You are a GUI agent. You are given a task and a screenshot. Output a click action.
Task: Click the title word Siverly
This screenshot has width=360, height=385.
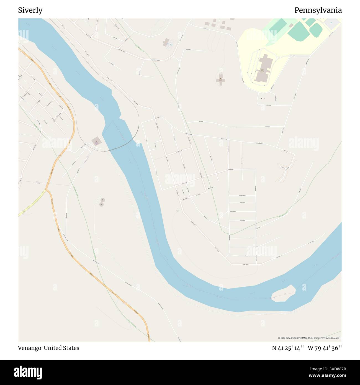(30, 10)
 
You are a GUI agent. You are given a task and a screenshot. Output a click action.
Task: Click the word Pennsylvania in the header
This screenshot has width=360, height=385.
(318, 10)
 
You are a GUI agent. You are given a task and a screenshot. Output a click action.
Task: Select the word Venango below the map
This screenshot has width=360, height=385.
(29, 348)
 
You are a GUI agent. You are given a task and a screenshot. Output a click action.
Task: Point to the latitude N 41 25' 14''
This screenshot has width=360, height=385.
(288, 348)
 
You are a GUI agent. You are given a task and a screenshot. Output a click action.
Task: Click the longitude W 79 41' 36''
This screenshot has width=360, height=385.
(325, 348)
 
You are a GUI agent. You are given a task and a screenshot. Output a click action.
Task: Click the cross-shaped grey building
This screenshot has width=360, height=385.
(220, 79)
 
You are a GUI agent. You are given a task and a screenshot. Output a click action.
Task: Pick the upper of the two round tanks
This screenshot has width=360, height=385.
(103, 200)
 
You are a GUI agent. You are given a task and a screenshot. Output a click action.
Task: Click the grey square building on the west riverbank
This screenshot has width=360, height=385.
(96, 141)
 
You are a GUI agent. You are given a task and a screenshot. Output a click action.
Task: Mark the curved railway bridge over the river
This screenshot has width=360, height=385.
(122, 145)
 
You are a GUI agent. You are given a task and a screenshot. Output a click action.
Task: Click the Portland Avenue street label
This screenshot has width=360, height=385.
(242, 196)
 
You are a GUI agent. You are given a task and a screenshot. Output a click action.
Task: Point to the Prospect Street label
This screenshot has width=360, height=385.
(268, 105)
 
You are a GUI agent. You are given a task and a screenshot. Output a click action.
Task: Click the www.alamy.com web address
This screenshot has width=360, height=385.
(328, 376)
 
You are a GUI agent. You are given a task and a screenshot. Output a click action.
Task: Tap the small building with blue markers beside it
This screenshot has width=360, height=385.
(167, 42)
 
